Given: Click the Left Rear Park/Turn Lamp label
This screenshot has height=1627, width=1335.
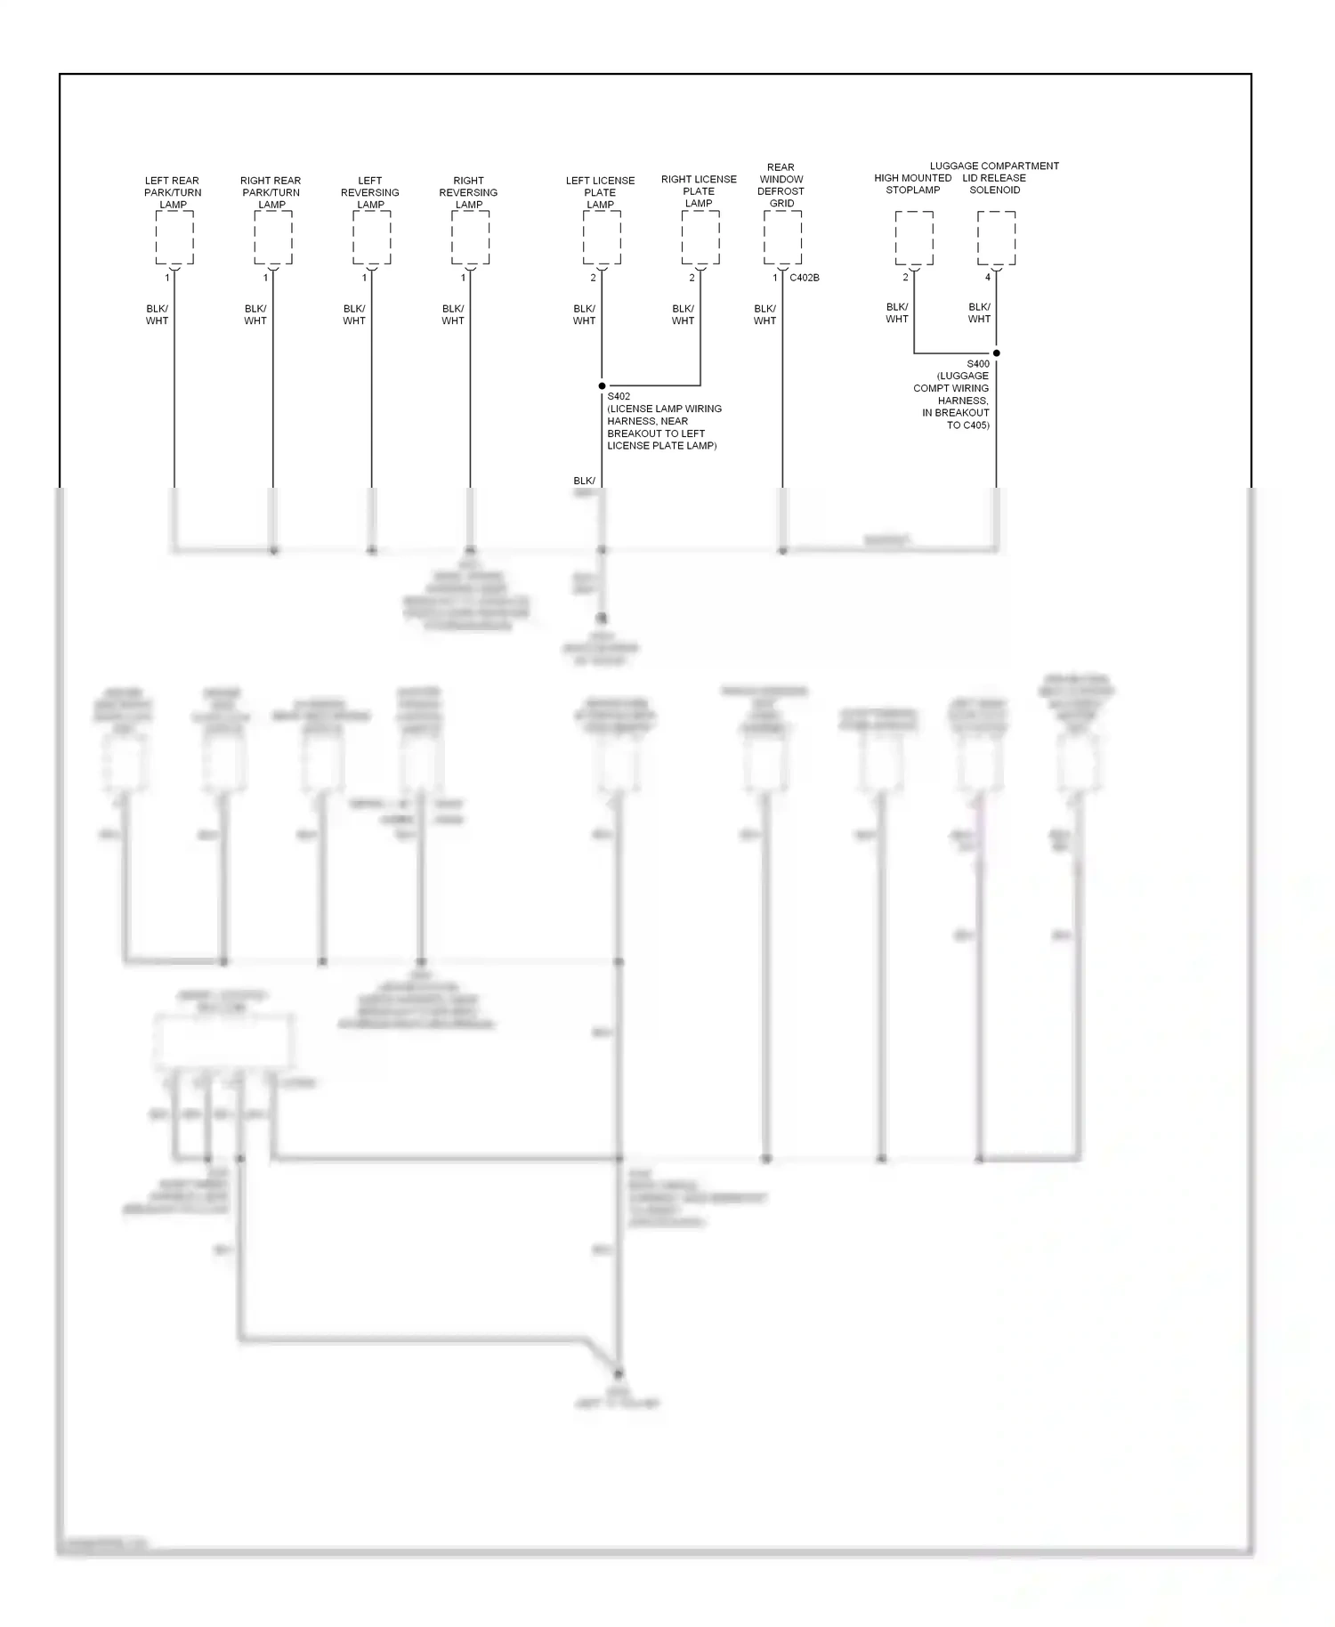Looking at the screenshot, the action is click(173, 192).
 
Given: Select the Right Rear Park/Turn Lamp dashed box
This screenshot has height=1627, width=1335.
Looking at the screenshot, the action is click(272, 238).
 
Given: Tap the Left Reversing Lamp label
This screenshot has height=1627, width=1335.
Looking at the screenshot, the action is click(370, 192).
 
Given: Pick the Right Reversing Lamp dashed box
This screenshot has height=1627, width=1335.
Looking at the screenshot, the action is click(470, 238).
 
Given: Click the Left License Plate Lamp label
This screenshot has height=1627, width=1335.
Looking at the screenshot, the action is click(601, 192).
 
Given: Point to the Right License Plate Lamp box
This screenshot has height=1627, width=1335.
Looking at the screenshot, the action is click(700, 238).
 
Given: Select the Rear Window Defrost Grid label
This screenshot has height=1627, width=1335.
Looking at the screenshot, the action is click(781, 185).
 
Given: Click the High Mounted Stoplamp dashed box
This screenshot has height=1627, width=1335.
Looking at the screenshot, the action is click(914, 238).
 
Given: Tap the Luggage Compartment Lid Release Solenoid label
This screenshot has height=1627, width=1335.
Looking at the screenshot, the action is click(994, 177).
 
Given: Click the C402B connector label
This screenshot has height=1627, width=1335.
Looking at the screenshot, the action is click(805, 278).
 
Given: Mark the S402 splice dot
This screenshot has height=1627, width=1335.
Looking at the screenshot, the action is click(602, 386).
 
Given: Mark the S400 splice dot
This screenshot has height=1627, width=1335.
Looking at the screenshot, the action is click(996, 353).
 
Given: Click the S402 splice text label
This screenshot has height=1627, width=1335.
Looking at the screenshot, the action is click(663, 421).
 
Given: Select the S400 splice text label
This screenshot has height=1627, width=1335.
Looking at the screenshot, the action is click(952, 394).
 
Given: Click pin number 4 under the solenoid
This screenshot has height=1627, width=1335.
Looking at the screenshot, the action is click(988, 278).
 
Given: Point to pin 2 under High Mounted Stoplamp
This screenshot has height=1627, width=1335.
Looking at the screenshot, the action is click(906, 278).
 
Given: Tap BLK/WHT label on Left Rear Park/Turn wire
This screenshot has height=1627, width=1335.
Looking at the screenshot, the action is click(158, 315).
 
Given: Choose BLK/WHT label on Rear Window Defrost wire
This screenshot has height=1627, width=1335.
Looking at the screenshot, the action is click(765, 315).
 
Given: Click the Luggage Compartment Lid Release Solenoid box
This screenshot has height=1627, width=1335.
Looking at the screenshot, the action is click(996, 238).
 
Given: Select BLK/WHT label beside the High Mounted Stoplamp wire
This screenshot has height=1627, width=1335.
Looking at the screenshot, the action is click(897, 313).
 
